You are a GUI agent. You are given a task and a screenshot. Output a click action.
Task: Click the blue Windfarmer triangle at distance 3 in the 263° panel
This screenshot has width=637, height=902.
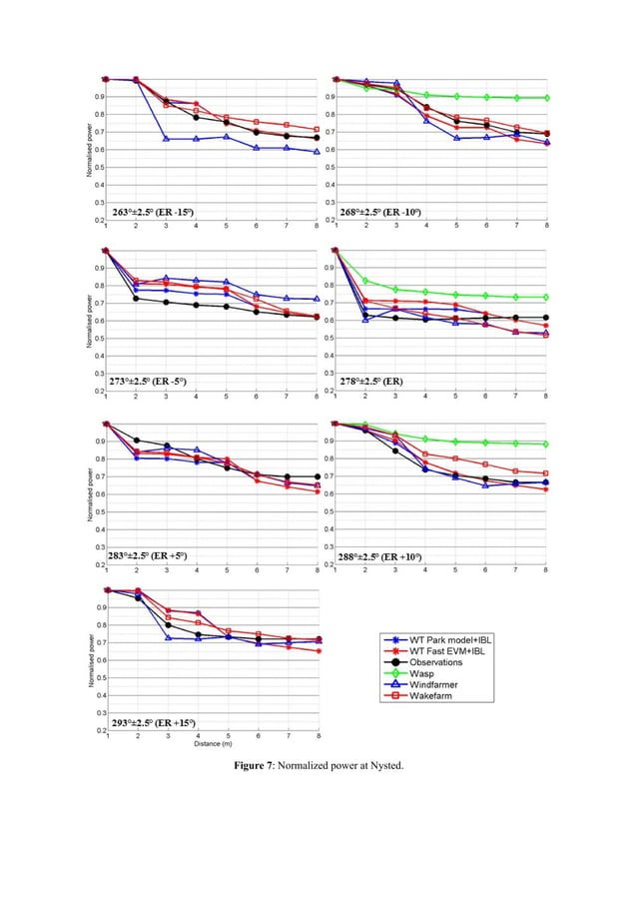[166, 139]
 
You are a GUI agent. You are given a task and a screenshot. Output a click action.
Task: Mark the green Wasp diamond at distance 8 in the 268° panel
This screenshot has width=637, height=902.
[546, 98]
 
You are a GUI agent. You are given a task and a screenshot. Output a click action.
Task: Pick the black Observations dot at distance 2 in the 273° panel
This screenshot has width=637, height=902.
[136, 298]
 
